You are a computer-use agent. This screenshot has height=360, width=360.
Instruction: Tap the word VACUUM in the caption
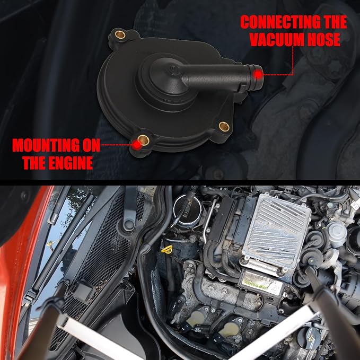click(x=277, y=39)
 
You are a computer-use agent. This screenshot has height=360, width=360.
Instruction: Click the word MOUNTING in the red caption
click(x=46, y=145)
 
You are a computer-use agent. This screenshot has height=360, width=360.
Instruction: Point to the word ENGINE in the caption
click(x=71, y=163)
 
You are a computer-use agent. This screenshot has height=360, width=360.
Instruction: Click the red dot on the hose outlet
click(x=259, y=74)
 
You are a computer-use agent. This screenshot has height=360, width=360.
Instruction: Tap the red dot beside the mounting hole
click(x=137, y=145)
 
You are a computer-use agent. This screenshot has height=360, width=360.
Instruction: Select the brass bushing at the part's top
click(x=120, y=34)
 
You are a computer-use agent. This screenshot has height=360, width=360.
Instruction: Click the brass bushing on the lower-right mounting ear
click(x=224, y=127)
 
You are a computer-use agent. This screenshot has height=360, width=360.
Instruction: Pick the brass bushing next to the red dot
click(x=144, y=140)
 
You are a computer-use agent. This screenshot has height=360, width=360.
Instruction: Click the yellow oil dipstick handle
click(x=166, y=250)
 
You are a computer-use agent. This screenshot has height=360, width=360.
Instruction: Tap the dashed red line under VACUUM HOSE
click(x=285, y=67)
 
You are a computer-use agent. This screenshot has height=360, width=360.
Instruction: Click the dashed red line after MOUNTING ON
click(x=117, y=145)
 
